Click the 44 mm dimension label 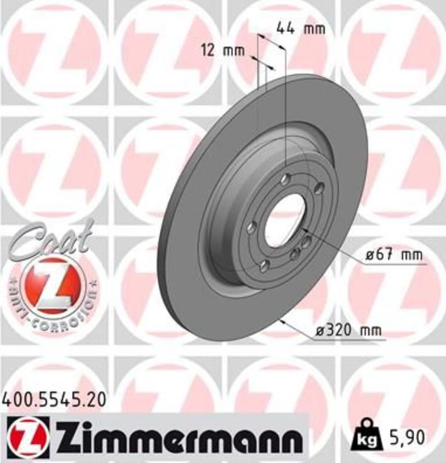click(x=301, y=28)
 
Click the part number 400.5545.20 click(x=55, y=399)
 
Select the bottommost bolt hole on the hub click(x=264, y=265)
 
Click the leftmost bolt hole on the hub click(x=252, y=227)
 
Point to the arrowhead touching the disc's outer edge click(x=281, y=321)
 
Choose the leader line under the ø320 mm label click(x=350, y=340)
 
